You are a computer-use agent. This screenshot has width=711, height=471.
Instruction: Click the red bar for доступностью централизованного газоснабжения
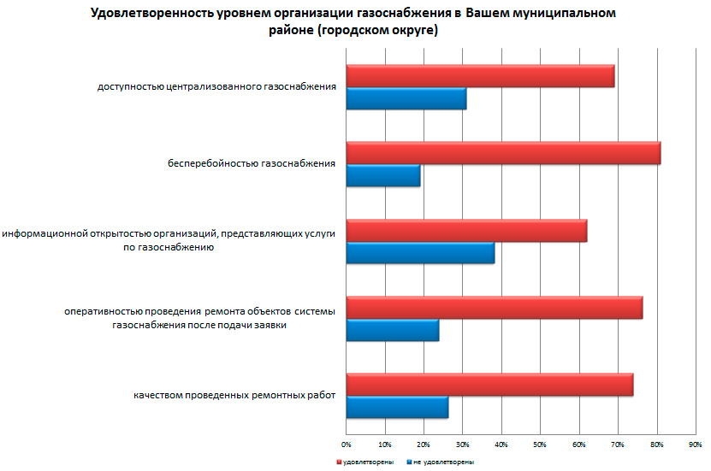click(x=480, y=76)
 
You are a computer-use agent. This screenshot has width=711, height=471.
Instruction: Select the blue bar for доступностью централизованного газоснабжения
click(x=406, y=99)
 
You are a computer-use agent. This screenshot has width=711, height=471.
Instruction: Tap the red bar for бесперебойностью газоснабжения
click(x=503, y=153)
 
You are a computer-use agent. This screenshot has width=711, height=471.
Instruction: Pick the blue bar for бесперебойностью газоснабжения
click(x=383, y=176)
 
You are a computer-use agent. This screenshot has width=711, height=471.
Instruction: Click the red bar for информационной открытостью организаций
click(x=466, y=231)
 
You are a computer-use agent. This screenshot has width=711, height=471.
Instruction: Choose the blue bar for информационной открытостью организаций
click(x=420, y=253)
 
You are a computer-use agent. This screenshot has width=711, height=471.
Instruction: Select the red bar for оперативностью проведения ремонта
click(x=494, y=308)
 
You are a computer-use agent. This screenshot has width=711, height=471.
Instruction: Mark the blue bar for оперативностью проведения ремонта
click(x=393, y=330)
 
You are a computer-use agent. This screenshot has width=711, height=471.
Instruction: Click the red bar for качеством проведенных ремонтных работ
click(x=489, y=385)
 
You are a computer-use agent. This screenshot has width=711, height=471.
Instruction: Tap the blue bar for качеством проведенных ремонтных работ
click(x=397, y=408)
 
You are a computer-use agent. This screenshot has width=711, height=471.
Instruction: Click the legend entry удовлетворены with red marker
click(x=365, y=462)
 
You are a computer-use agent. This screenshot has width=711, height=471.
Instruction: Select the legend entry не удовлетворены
click(x=439, y=462)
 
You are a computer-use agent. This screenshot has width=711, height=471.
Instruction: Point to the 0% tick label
click(x=347, y=445)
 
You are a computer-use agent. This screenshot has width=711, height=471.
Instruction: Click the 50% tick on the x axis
click(x=540, y=445)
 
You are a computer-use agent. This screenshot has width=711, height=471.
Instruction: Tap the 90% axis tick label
click(x=695, y=445)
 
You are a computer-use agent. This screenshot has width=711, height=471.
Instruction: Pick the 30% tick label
click(x=462, y=445)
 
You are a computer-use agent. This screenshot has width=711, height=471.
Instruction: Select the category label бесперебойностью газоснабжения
click(x=251, y=164)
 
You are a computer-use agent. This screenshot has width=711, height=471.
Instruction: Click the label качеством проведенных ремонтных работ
click(x=234, y=396)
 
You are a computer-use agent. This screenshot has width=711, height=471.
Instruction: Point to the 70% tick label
click(x=617, y=445)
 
